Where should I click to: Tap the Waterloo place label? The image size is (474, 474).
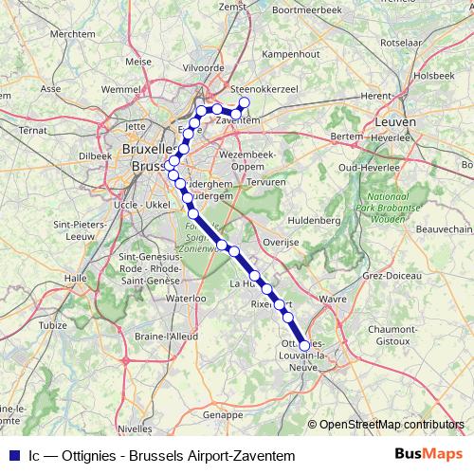point(186,298)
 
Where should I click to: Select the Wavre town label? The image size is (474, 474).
point(333,299)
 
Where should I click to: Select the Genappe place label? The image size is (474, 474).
point(225,414)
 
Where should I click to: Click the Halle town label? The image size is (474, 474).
point(75,278)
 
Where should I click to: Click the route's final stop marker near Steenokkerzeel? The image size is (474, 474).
point(244,102)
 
